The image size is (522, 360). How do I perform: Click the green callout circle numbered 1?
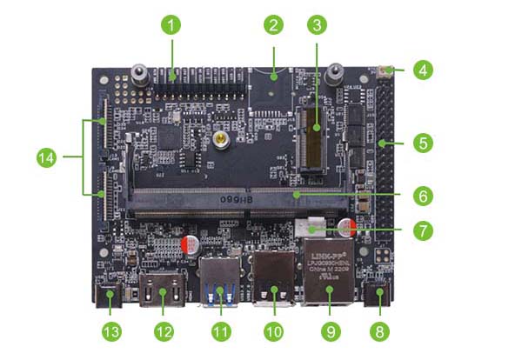point(172,25)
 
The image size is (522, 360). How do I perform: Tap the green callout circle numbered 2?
point(274,25)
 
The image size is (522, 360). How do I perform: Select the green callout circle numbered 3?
point(317,25)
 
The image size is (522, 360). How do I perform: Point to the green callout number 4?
point(423,70)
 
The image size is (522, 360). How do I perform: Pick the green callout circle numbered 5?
point(423,143)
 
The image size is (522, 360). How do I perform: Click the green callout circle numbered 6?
point(423,196)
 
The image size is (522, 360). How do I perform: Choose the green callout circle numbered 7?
point(423,230)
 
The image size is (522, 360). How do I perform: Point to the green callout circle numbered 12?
point(164,331)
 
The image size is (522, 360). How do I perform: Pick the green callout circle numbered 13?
point(110,331)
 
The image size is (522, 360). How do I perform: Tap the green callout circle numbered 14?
point(47,158)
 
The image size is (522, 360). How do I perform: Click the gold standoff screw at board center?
point(223,137)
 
